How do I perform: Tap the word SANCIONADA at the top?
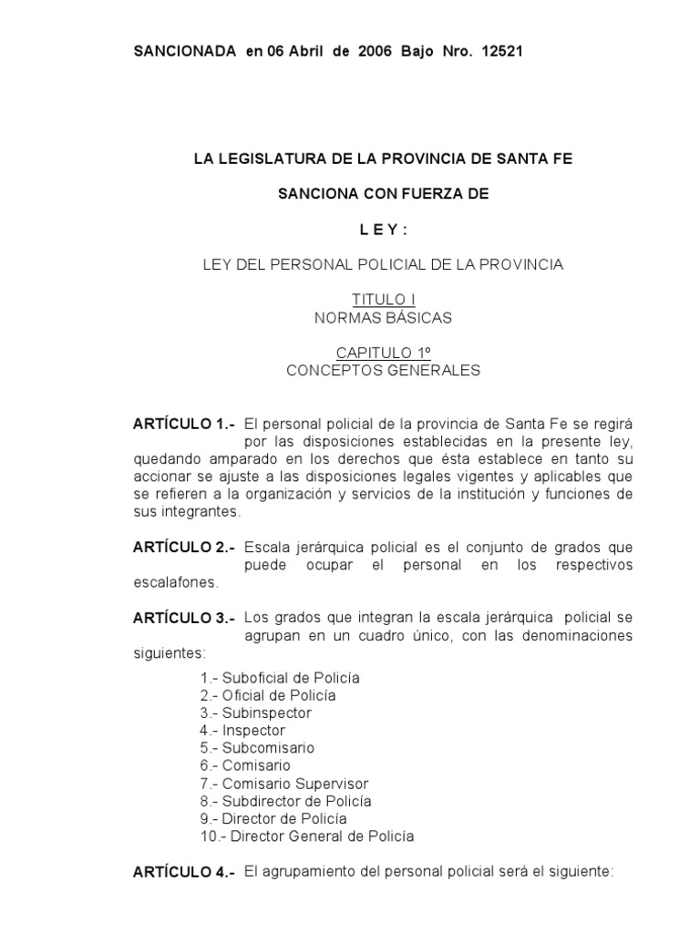185,51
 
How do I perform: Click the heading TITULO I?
383,299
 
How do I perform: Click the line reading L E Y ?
383,229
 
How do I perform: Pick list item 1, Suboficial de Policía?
280,678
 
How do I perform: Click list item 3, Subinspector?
256,713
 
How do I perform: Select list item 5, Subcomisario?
257,748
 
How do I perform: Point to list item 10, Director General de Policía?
307,836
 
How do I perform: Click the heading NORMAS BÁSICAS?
383,318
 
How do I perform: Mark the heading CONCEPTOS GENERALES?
383,371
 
